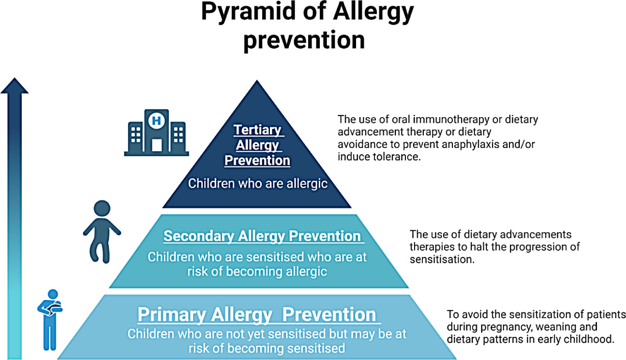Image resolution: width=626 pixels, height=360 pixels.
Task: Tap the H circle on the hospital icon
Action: [x=157, y=120]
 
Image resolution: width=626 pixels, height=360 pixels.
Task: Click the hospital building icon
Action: [x=157, y=133]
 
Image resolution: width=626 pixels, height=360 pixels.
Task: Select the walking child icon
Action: [x=102, y=232]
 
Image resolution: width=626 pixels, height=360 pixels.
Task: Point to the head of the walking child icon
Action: [x=102, y=208]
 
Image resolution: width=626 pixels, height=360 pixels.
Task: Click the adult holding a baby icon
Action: [x=50, y=320]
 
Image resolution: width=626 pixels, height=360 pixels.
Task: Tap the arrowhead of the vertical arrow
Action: [x=15, y=86]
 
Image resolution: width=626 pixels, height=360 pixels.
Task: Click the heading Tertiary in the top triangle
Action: [x=257, y=130]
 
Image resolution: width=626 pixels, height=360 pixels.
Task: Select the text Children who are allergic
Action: [x=258, y=183]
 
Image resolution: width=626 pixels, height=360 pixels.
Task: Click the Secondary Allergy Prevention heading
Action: [x=262, y=236]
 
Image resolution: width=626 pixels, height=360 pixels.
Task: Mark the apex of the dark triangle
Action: [x=257, y=80]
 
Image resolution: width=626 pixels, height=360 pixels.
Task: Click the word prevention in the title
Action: [x=304, y=40]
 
